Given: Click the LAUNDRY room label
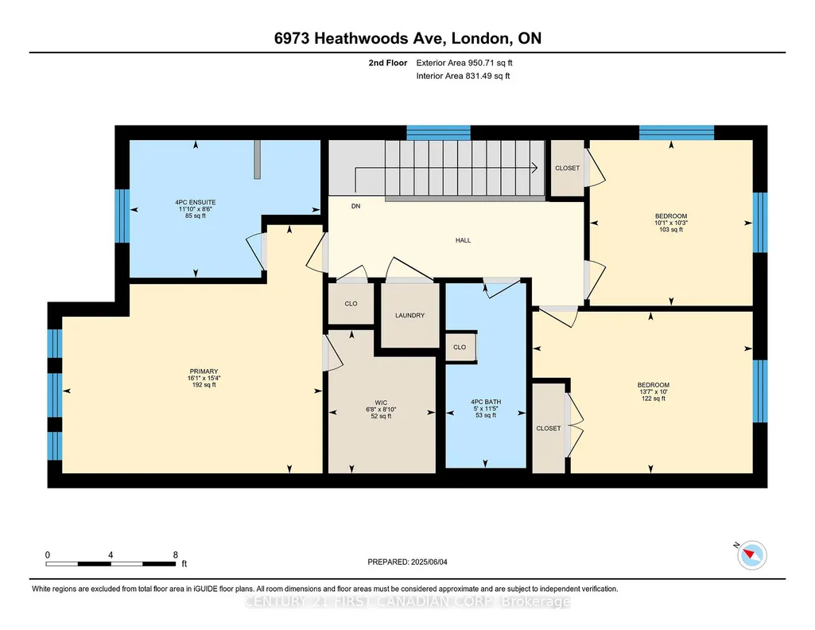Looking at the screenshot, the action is pos(409,316).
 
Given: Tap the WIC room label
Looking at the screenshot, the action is pos(381,402).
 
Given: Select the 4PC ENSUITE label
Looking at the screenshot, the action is pos(196,202).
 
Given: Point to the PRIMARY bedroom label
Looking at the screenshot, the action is pos(204,371).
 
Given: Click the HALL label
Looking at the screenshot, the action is pos(463,240).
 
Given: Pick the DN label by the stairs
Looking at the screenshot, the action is pos(355,206).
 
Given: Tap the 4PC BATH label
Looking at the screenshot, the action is pos(486,402).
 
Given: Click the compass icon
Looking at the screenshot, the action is pos(751,555).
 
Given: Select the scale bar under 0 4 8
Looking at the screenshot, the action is pos(111,564).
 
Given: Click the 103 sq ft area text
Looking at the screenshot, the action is pos(671,229).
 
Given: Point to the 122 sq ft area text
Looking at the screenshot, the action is pos(654,399).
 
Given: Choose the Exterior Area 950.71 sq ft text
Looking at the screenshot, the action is pos(464,63).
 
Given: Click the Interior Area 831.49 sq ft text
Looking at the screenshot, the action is pos(463,76).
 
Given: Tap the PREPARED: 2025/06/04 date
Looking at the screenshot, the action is pos(407,562).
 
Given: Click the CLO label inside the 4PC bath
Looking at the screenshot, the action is pos(460,348).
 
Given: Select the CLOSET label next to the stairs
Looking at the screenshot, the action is pos(567,168).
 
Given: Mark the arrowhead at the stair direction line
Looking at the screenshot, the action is pos(535,167).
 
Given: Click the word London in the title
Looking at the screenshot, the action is pos(479,38).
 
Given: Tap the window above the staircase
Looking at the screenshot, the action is pos(438,133).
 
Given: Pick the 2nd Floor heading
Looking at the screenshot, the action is pos(388,63).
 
